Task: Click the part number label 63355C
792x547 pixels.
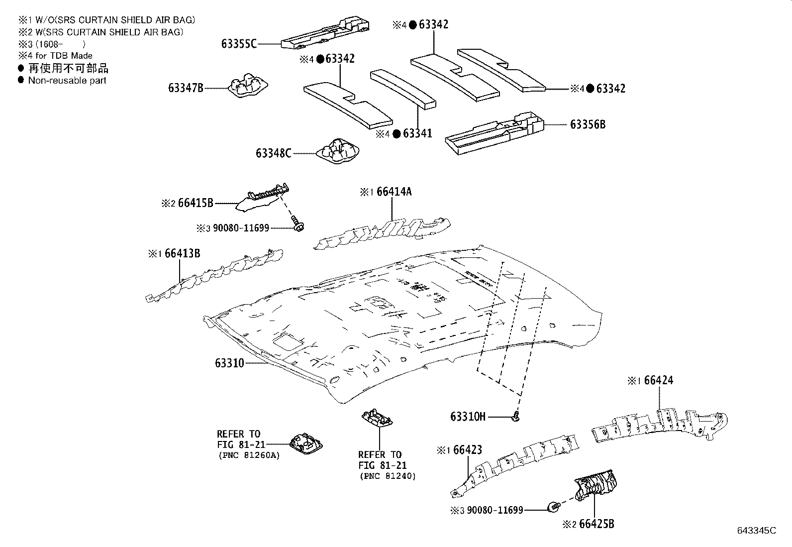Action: (x=239, y=44)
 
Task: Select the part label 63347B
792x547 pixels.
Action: (x=186, y=88)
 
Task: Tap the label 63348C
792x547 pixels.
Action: (x=273, y=153)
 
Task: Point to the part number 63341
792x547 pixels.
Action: (x=417, y=133)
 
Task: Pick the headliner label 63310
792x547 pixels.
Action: (x=229, y=363)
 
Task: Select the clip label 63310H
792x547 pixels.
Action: (x=468, y=416)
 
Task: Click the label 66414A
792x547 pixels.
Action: (x=394, y=192)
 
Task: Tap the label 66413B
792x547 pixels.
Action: (x=182, y=253)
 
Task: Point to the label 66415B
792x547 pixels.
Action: (x=196, y=203)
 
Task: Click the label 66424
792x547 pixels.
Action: (x=658, y=380)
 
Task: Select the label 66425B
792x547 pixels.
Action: (x=596, y=524)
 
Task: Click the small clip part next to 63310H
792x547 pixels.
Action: (x=516, y=415)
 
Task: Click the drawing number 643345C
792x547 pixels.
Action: (x=756, y=530)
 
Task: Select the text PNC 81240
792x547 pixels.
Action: (x=387, y=476)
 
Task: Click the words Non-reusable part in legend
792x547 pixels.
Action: (x=67, y=80)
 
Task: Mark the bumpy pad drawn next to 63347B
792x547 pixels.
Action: (x=247, y=87)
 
